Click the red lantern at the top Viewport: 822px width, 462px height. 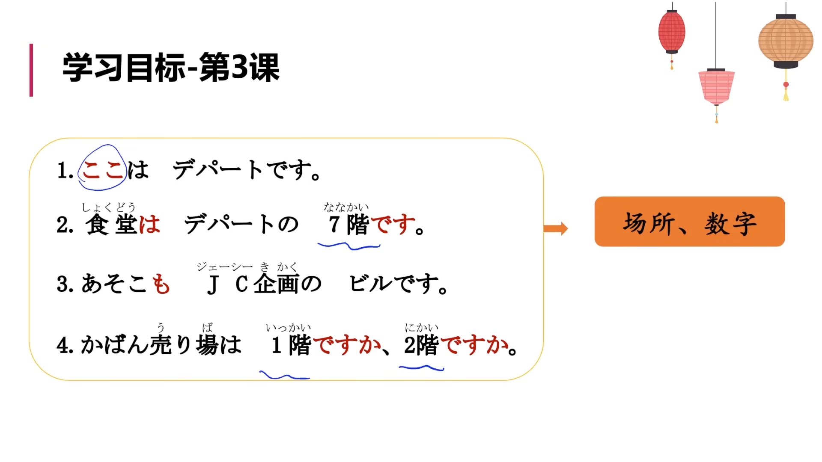[x=671, y=32]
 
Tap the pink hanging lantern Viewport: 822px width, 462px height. [x=716, y=87]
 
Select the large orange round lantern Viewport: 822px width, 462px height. [x=786, y=41]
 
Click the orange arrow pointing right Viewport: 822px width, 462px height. [x=556, y=228]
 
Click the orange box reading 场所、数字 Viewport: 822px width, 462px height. [x=689, y=222]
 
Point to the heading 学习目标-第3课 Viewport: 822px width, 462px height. [x=171, y=68]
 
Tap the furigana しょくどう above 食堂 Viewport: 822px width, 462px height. [x=109, y=207]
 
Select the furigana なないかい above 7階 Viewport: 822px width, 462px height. [x=346, y=207]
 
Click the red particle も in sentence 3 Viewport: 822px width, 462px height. [x=161, y=284]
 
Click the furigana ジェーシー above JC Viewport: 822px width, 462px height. [x=224, y=267]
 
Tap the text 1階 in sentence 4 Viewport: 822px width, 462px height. [x=291, y=345]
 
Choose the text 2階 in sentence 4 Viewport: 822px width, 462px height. [x=421, y=345]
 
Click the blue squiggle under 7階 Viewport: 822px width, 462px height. [x=349, y=246]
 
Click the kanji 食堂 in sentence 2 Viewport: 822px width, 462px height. [x=110, y=225]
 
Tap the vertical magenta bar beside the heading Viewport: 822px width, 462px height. [x=31, y=70]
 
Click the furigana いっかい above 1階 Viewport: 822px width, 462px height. [x=288, y=328]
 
